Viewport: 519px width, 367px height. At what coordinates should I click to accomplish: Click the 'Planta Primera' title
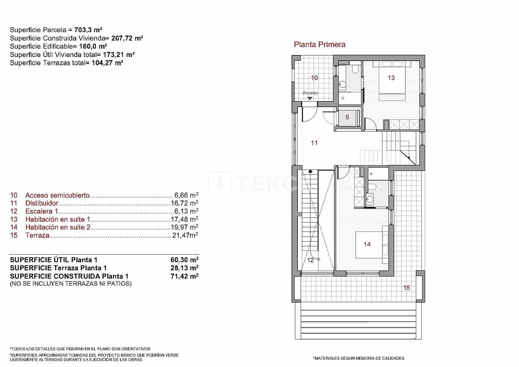point(320,44)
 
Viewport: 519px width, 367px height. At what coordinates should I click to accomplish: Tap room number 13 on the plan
point(391,78)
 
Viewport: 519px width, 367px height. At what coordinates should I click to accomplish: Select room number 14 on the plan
point(367,244)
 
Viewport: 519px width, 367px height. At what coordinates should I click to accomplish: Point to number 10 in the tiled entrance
point(314,78)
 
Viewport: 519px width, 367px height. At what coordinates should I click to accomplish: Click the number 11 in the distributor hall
point(314,143)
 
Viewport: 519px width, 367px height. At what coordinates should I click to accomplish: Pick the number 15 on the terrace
point(406,288)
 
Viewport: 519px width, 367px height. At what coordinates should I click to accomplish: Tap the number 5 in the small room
point(347,117)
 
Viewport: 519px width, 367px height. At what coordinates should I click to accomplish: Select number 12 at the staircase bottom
point(310,260)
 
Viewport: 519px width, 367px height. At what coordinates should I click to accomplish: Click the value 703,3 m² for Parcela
point(88,30)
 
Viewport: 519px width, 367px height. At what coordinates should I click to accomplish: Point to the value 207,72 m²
point(127,38)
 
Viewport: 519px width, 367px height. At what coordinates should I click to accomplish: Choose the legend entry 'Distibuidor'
point(42,203)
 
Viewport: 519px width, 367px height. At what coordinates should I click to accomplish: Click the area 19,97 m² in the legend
point(184,227)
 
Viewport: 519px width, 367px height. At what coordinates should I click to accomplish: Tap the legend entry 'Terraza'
point(37,235)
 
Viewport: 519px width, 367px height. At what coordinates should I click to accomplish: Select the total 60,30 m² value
point(184,260)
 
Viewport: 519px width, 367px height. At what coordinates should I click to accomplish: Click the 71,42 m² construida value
point(184,276)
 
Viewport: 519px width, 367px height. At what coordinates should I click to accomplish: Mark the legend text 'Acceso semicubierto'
point(57,195)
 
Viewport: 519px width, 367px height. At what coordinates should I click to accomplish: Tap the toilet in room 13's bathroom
point(356,69)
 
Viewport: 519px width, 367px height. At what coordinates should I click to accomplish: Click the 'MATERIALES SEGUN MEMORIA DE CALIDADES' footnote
point(358,358)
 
